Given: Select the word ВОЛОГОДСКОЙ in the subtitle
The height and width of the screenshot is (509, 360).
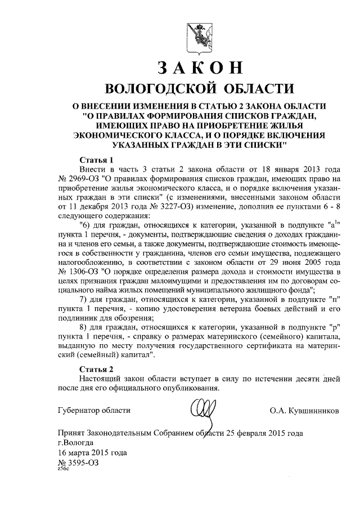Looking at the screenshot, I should click(159, 90).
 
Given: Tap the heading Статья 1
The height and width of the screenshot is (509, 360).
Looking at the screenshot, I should click(97, 159).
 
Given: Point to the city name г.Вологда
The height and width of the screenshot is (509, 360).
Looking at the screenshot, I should click(77, 443).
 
